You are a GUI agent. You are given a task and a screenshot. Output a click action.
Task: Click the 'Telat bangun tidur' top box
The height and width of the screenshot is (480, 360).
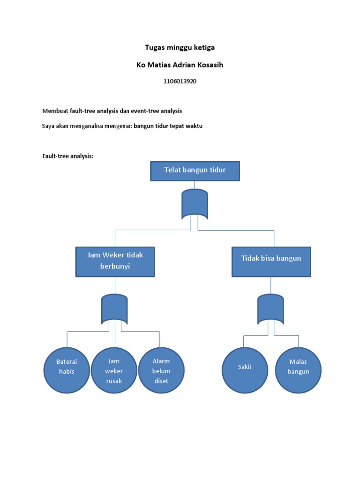pyautogui.click(x=195, y=171)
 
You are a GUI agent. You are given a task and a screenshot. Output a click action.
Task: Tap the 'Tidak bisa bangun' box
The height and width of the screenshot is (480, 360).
pyautogui.click(x=271, y=261)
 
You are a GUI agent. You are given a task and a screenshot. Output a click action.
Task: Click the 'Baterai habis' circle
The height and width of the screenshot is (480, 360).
pyautogui.click(x=66, y=370)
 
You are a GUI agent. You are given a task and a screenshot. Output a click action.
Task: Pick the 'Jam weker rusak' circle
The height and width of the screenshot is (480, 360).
pyautogui.click(x=114, y=370)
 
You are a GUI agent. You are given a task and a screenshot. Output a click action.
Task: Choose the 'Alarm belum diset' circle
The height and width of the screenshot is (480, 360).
pyautogui.click(x=161, y=370)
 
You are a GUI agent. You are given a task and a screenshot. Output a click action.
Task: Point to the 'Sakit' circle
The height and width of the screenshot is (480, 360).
pyautogui.click(x=244, y=370)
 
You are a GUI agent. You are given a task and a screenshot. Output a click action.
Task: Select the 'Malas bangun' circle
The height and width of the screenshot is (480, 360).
pyautogui.click(x=299, y=370)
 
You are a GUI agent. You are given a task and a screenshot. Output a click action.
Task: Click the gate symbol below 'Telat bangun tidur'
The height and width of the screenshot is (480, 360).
pyautogui.click(x=195, y=204)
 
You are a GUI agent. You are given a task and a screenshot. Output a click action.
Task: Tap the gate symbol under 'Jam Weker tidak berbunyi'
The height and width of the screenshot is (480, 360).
pyautogui.click(x=114, y=309)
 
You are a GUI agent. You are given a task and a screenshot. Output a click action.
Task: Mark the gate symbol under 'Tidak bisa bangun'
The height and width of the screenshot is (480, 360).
pyautogui.click(x=271, y=309)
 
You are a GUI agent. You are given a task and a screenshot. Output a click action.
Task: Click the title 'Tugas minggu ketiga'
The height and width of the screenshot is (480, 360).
pyautogui.click(x=180, y=48)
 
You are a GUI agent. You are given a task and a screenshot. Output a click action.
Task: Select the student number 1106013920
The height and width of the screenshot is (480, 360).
pyautogui.click(x=180, y=81)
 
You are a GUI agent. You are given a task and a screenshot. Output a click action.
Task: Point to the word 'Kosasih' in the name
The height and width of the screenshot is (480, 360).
pyautogui.click(x=210, y=65)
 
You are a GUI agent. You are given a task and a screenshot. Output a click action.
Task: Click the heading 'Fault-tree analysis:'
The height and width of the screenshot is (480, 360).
pyautogui.click(x=68, y=156)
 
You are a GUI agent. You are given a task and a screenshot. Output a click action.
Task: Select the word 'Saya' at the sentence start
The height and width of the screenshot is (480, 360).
pyautogui.click(x=49, y=126)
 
